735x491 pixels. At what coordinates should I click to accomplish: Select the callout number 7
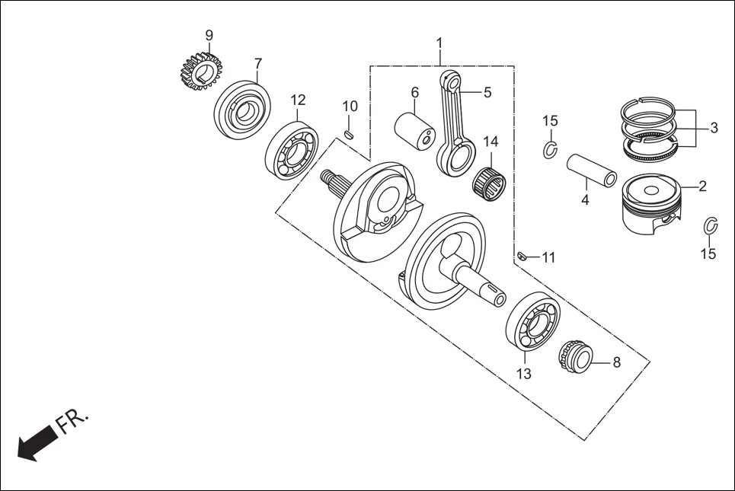pos(258,62)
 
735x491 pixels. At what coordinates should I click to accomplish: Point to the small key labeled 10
pos(349,135)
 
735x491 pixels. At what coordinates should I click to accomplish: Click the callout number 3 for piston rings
pos(713,128)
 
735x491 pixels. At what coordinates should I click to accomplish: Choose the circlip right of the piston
pos(709,226)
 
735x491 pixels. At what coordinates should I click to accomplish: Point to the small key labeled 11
pos(522,256)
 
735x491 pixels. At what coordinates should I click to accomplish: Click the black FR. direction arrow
pos(36,442)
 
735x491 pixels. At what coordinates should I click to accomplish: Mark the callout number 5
pos(487,92)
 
